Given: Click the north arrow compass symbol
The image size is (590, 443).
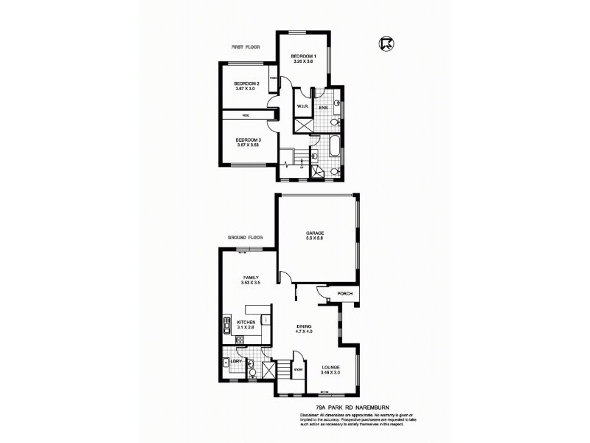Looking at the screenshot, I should tap(386, 44).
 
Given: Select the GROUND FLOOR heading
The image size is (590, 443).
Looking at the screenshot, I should tap(246, 238).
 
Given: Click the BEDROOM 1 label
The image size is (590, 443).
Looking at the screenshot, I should tap(303, 57).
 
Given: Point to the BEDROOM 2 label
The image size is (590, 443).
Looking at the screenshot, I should tap(246, 84).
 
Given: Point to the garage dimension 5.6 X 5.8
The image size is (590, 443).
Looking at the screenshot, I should tap(315, 238).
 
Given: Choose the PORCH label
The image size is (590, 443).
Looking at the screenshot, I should tap(344, 294).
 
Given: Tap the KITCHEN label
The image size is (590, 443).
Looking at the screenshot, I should tap(246, 323).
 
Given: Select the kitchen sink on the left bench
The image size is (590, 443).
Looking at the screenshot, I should tap(225, 324).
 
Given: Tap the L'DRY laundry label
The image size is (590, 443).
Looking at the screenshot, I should tap(236, 361).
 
